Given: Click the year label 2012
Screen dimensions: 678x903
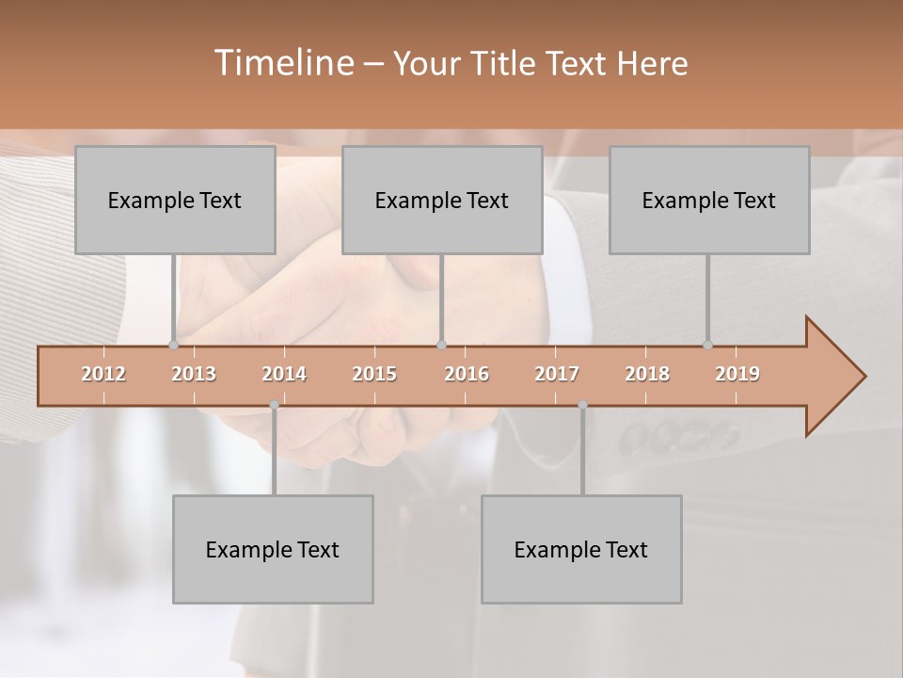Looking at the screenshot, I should (103, 374).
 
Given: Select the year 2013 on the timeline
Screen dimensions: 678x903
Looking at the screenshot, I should (194, 374).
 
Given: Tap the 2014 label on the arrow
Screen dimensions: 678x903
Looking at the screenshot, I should (284, 374).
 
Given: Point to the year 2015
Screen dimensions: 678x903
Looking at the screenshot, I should (374, 374).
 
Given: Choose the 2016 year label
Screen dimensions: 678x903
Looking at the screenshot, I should (467, 374).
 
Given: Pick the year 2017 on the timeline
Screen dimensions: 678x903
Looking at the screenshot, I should (557, 374).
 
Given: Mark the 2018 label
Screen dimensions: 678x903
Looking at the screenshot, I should (647, 374).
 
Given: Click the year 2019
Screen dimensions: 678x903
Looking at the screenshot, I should (737, 374).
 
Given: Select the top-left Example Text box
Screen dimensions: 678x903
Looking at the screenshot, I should (175, 200).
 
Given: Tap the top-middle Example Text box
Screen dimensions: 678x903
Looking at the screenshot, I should (442, 200).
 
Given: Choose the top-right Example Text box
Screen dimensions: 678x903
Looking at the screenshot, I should (709, 200).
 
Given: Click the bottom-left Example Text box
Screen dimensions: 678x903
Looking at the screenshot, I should (273, 549).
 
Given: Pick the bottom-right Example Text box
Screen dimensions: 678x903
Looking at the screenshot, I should (581, 549).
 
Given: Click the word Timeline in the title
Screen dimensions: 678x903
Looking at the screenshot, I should (282, 63).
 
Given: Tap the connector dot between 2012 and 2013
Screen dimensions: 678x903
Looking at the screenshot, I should (173, 345).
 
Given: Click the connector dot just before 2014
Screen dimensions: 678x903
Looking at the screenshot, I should (274, 405).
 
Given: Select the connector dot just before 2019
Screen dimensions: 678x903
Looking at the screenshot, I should (707, 345).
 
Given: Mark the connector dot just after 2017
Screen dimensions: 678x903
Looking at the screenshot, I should (582, 405).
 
